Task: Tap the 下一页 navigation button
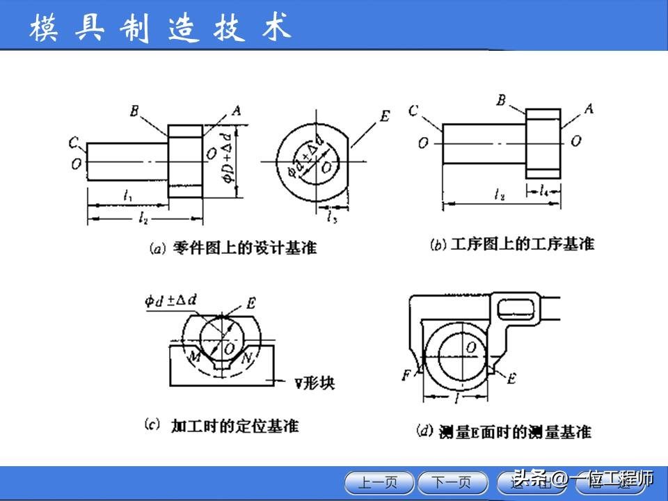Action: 452,482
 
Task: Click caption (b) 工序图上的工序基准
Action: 512,244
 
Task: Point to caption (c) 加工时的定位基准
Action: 221,425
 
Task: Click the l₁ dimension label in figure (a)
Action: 128,196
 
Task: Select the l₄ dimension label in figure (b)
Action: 543,189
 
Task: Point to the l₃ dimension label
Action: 333,216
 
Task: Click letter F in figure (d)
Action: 406,376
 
